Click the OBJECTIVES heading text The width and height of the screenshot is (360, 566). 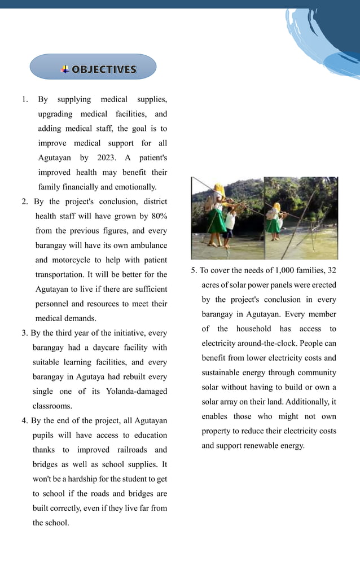point(104,69)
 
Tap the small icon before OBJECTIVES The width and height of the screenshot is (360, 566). point(65,69)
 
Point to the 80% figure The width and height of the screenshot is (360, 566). point(157,216)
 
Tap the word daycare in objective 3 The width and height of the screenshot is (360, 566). point(103,348)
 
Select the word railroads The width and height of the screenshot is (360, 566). point(136,450)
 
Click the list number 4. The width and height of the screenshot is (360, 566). point(25,420)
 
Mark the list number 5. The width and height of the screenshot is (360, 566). point(194,270)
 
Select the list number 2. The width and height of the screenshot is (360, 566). point(25,201)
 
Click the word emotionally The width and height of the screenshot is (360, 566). point(136,187)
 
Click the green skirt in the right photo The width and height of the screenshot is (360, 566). point(273,225)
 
